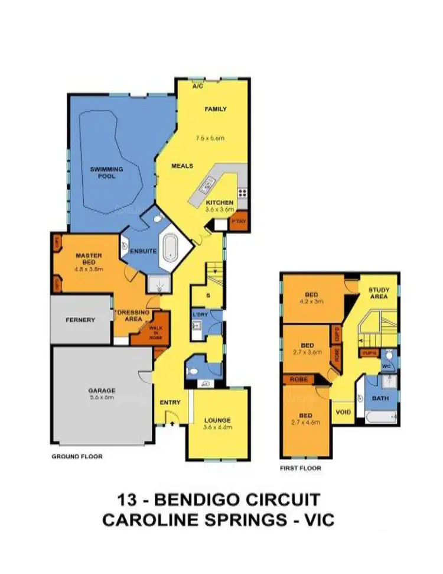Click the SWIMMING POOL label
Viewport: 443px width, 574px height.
coord(107,173)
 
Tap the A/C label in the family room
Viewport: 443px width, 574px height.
coord(198,86)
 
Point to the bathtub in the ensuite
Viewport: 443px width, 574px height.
coord(171,247)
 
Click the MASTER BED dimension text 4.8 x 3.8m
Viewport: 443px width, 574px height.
coord(89,268)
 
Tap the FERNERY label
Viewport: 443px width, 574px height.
coord(81,320)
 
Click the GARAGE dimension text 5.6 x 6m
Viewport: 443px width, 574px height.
coord(101,398)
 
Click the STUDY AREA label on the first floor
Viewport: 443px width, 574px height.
coord(379,293)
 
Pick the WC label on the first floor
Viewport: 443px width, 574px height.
coord(388,365)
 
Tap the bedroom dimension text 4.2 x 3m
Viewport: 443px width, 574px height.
coord(311,300)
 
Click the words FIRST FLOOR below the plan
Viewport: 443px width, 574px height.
coord(301,468)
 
